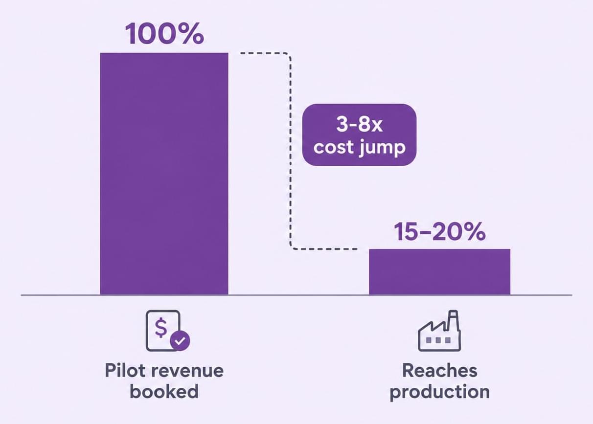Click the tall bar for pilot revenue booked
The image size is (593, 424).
click(x=164, y=174)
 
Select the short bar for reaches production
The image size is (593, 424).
click(x=440, y=272)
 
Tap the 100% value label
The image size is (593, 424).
click(x=164, y=34)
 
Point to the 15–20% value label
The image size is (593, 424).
click(x=440, y=232)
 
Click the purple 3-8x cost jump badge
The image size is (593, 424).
click(x=359, y=134)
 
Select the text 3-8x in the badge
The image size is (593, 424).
click(x=359, y=124)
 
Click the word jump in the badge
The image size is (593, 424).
click(x=382, y=148)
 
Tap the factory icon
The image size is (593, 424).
click(x=439, y=331)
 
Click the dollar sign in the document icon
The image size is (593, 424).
click(x=160, y=328)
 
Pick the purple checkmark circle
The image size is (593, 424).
click(x=180, y=341)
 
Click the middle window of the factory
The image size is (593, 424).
click(x=438, y=340)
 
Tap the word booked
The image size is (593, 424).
click(x=164, y=391)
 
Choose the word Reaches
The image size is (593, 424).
click(x=440, y=370)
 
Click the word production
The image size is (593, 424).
click(x=440, y=392)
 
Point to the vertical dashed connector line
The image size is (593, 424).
click(x=291, y=151)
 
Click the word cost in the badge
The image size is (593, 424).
click(x=334, y=147)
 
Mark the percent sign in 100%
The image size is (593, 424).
click(x=193, y=34)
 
